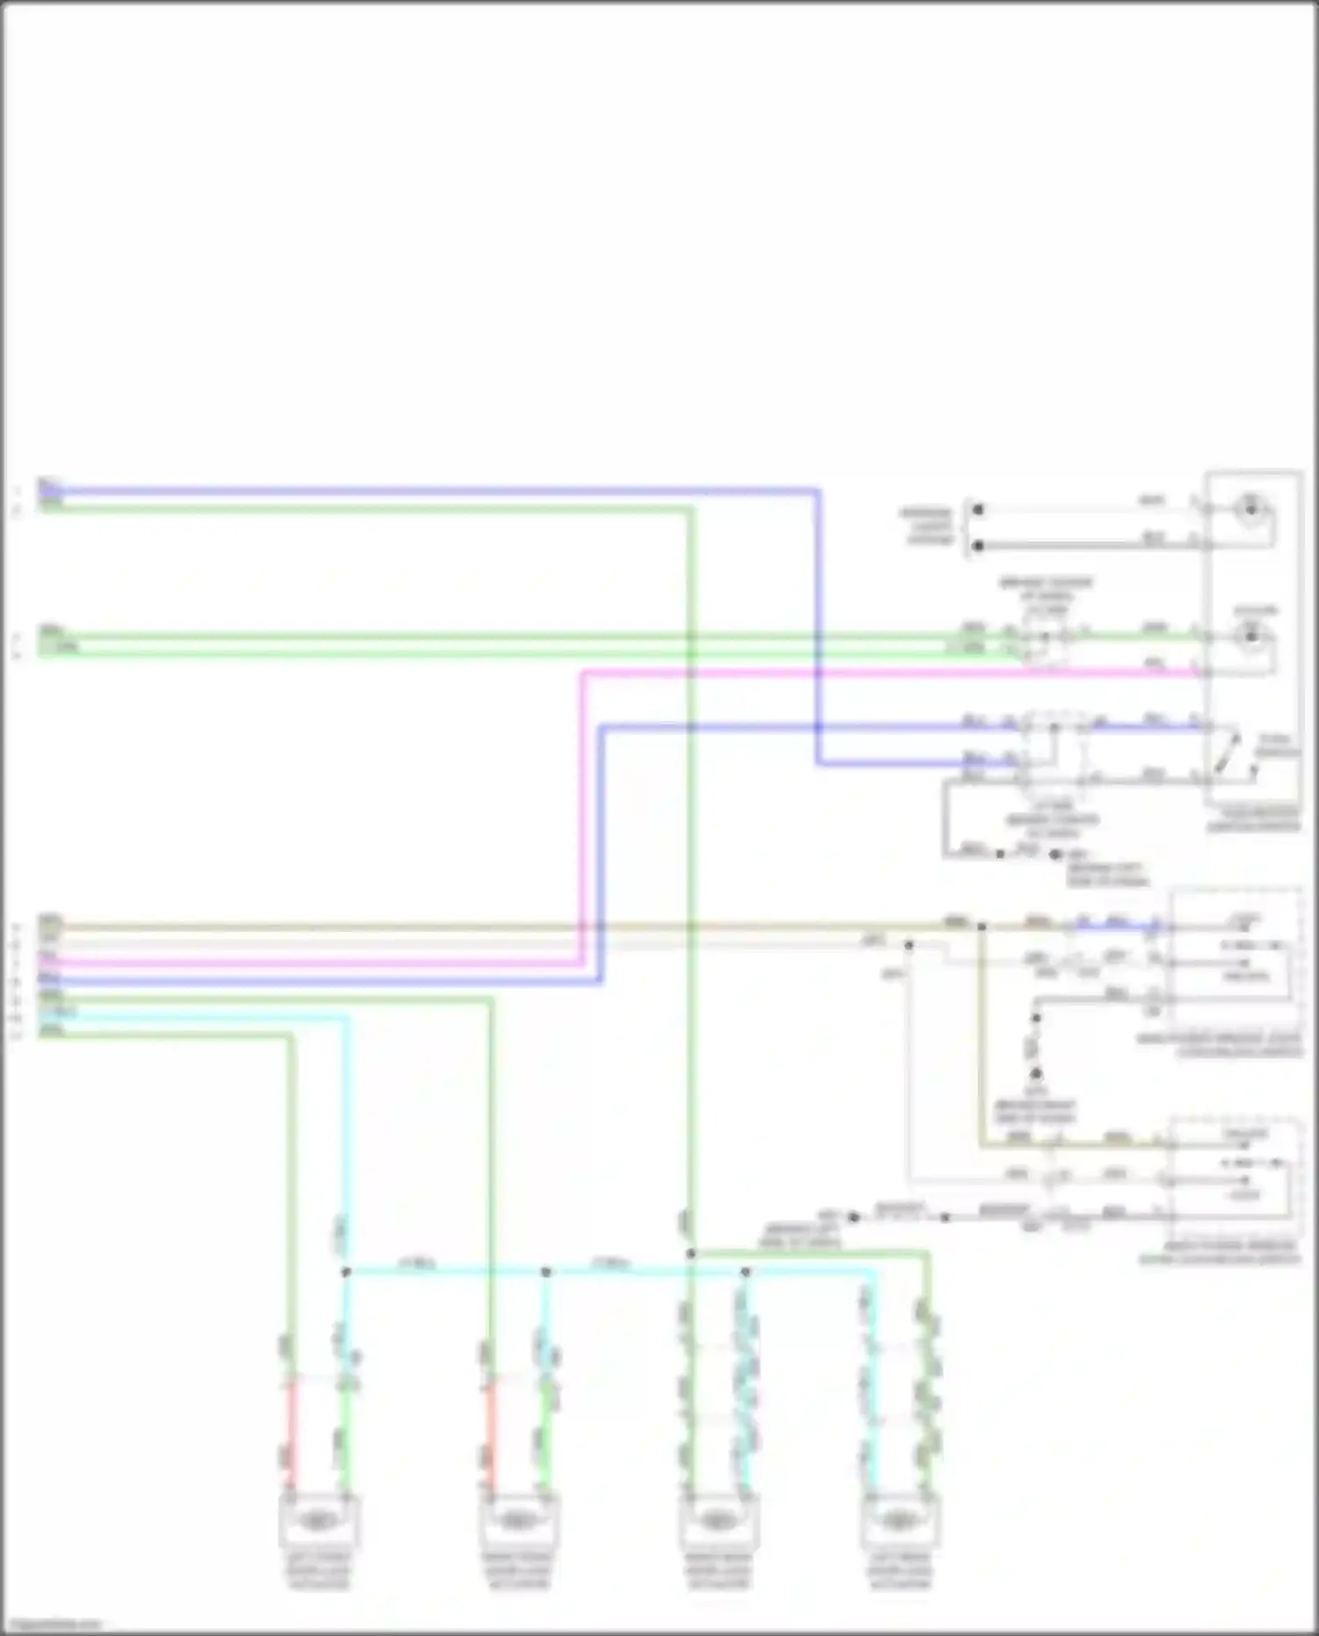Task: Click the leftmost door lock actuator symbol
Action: click(318, 1520)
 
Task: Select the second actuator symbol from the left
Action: click(517, 1520)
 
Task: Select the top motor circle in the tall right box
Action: click(1250, 509)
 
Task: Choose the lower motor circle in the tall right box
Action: click(1250, 636)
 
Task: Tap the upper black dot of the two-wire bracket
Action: click(978, 509)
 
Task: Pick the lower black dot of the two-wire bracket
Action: click(978, 546)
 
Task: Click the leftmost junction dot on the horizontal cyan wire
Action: click(346, 1272)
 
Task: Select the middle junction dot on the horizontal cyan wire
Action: click(546, 1272)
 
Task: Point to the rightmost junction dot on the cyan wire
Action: click(746, 1272)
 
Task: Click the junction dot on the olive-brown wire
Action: click(981, 927)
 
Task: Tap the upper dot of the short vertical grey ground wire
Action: click(1036, 1019)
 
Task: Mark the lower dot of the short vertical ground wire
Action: click(1036, 1073)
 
